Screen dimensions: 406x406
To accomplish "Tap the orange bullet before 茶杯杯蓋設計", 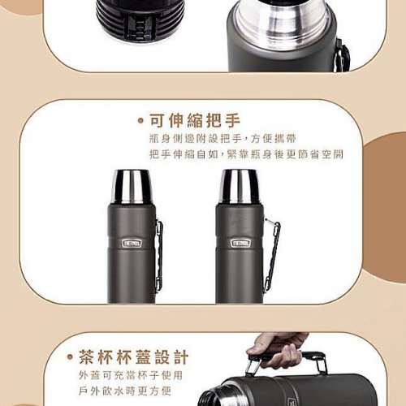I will click(x=70, y=358).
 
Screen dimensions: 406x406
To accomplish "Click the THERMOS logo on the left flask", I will click(x=132, y=243).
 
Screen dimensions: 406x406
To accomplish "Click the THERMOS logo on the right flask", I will click(x=240, y=243).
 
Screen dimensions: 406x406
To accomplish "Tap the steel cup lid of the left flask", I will click(x=132, y=188).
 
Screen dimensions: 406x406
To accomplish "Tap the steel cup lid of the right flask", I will click(x=240, y=188).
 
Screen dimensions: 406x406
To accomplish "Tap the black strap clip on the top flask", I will click(x=343, y=57).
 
